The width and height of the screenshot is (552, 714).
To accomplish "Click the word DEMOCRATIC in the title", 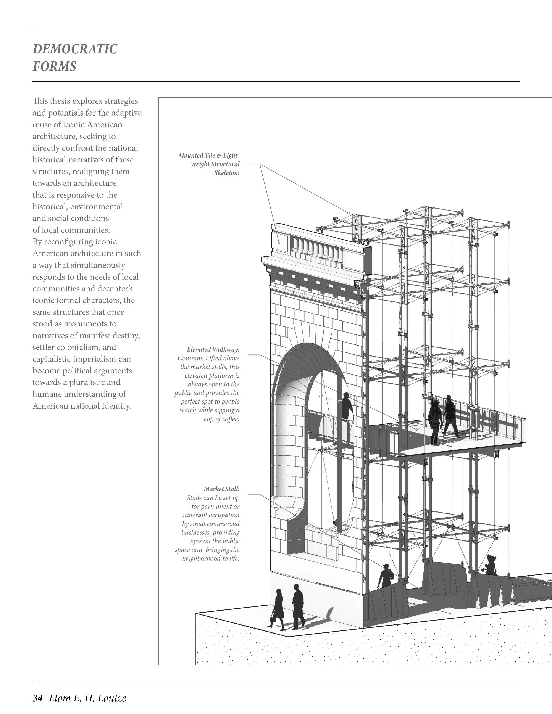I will click(75, 49).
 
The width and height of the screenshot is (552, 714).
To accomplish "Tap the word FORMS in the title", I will click(54, 66).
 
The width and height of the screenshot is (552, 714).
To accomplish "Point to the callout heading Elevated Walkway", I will click(213, 349).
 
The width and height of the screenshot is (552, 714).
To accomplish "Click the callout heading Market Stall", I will click(221, 489).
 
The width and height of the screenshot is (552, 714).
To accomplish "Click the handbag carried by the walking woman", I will click(272, 619).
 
